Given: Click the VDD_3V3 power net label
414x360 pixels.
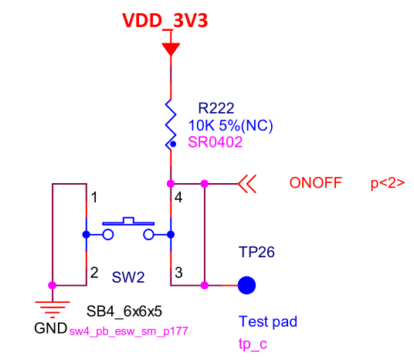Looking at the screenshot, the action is [x=165, y=21].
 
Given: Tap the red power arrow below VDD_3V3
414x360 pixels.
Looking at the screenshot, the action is [x=171, y=49].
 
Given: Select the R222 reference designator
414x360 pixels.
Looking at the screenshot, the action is [x=216, y=108].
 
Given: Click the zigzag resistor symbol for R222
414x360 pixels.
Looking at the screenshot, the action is [x=171, y=124].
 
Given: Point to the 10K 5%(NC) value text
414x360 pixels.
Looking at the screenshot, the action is [x=230, y=125].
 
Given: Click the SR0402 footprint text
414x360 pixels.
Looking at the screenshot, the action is [x=215, y=142].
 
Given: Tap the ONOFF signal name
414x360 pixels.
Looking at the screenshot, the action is [x=316, y=183].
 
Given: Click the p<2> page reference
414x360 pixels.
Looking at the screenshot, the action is [x=388, y=183].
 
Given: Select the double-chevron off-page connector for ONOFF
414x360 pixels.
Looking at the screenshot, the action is [x=247, y=184].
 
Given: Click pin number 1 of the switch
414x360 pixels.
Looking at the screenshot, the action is [x=94, y=198].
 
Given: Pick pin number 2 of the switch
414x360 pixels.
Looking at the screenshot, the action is [x=94, y=273].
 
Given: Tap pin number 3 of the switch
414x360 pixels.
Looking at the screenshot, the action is [x=178, y=273].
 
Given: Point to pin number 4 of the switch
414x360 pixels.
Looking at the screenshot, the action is [x=178, y=198].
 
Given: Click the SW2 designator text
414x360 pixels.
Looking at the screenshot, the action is [x=128, y=277].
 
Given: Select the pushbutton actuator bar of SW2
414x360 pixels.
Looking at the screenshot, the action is [x=128, y=222].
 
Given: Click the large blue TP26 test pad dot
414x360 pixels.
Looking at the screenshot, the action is [x=246, y=285].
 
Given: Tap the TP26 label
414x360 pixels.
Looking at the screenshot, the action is [x=256, y=252].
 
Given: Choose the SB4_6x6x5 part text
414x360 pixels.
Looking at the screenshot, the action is [x=124, y=311].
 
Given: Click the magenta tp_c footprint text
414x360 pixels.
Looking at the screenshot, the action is [x=253, y=344].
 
